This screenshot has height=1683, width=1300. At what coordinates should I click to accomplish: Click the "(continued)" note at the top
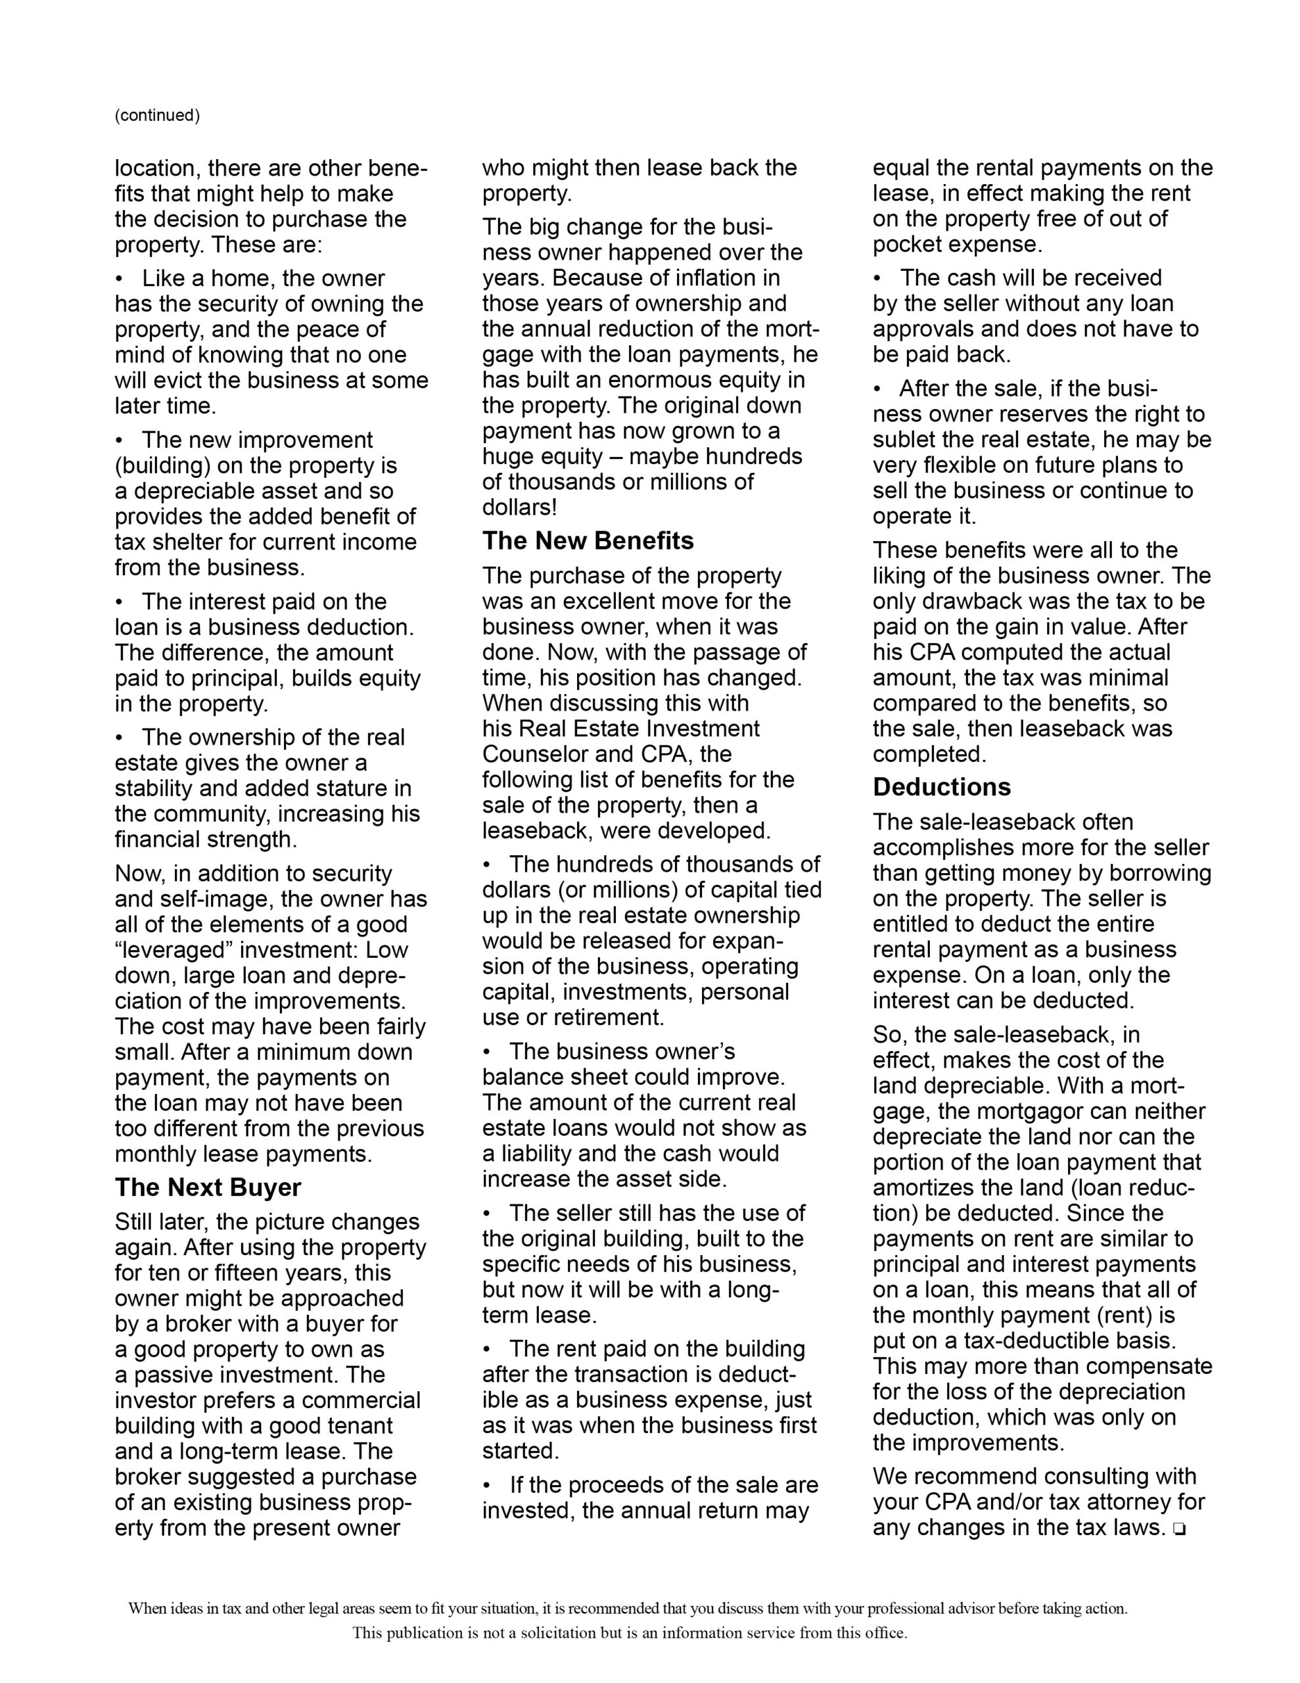pos(157,116)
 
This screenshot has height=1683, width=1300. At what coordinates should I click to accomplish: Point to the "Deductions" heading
pos(941,787)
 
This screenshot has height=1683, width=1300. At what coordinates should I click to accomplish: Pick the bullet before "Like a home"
pos(120,279)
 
